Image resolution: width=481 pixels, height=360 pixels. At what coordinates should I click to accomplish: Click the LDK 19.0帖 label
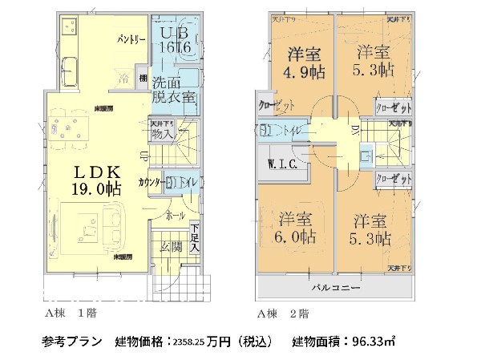coord(98,180)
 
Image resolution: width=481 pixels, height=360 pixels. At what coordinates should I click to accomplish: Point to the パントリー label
coord(131,39)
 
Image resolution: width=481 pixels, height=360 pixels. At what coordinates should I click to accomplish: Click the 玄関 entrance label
coord(169,247)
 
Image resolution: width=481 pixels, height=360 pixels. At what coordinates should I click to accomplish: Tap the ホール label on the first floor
coord(175,216)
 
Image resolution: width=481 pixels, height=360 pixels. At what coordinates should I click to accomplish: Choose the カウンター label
coord(152,182)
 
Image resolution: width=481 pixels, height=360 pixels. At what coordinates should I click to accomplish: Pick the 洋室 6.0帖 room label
coord(297,229)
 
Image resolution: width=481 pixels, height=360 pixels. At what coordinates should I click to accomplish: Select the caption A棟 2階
coord(281,313)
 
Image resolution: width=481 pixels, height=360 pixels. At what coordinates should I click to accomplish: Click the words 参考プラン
coord(71,342)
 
